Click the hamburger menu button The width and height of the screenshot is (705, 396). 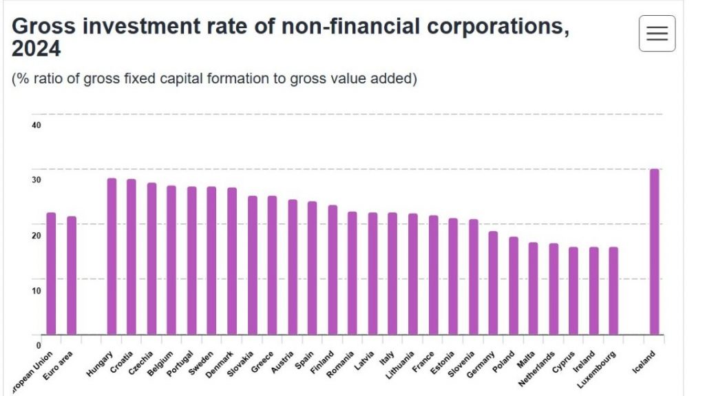point(657,34)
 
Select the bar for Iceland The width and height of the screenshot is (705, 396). point(654,252)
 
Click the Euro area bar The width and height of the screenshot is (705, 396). point(72,276)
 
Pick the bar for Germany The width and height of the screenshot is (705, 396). point(493,283)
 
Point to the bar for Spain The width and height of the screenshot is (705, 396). point(312,268)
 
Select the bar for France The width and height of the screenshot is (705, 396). point(433,275)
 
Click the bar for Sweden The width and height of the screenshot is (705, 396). point(211,261)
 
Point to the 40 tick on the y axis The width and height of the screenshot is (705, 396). point(36,125)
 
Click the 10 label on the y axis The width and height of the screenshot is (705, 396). point(36,290)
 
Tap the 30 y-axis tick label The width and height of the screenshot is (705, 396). point(36,180)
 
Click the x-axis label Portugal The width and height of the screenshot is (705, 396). point(182,362)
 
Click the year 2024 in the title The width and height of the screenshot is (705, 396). point(36,49)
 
